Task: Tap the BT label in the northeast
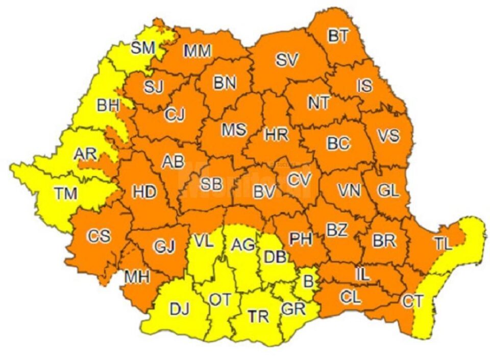click(338, 36)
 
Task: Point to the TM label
click(66, 194)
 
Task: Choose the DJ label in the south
click(179, 309)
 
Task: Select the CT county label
click(412, 301)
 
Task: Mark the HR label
click(276, 135)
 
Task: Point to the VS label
click(388, 136)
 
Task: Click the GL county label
click(388, 190)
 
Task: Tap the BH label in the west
click(108, 106)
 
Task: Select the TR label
click(258, 317)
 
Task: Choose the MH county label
click(137, 277)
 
